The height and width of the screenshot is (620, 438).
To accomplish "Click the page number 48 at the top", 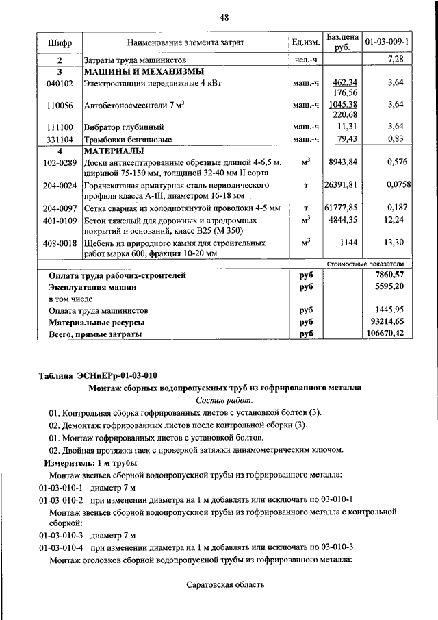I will [224, 17].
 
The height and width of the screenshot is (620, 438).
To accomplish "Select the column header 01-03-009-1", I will [387, 42].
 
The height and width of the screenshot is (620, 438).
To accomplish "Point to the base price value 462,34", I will [345, 82].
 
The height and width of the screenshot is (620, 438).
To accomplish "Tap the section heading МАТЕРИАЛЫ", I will [114, 150].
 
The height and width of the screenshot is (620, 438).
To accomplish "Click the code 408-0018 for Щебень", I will [60, 243].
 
